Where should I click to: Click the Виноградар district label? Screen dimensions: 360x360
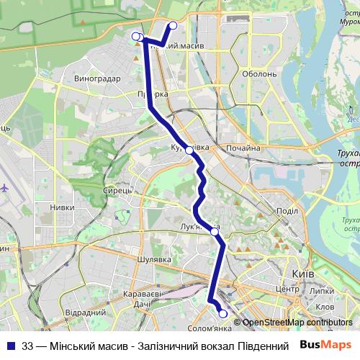pos(97,78)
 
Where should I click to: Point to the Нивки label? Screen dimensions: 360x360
pos(62,207)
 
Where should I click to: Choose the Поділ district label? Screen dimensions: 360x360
pos(287,210)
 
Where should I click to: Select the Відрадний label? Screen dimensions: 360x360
pos(86,313)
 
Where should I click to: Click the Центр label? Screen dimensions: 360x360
pos(287,289)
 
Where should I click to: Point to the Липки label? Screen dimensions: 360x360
pos(323,290)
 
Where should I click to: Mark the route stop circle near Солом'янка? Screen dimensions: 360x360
pos(223,314)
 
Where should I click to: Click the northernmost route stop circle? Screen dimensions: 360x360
pos(173,27)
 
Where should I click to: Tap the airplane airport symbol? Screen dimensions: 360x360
pos(6,186)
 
